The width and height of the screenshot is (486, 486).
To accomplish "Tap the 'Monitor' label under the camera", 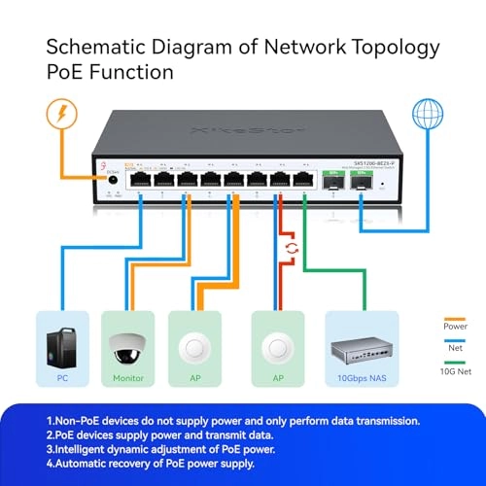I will point(130,377).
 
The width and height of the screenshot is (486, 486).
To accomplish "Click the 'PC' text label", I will point(63,377).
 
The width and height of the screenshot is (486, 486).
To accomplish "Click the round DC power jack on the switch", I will point(113,180).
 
